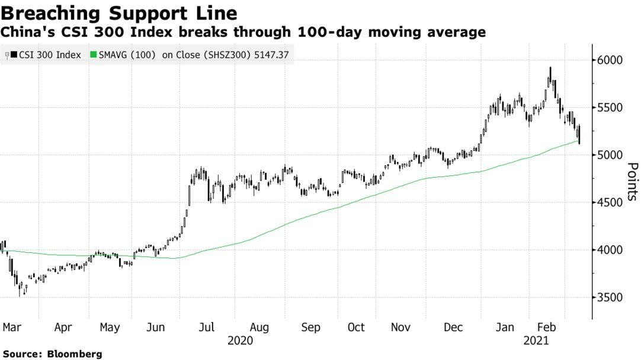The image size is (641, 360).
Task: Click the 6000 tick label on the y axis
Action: coord(610,60)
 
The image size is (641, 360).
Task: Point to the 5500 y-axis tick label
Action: coord(610,108)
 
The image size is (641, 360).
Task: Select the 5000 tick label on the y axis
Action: coord(610,155)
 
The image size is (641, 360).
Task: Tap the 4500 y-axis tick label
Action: coord(610,202)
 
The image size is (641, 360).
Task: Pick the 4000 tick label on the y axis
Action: coord(610,250)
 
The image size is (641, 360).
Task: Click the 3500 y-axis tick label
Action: coord(610,297)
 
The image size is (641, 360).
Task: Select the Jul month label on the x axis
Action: coord(207,327)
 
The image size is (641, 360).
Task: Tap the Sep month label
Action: coord(311,327)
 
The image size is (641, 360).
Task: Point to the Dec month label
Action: coord(453,327)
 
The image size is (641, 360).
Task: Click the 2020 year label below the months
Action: coord(241,340)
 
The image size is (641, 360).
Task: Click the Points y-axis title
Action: coord(632,182)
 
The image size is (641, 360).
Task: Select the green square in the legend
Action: coord(92,55)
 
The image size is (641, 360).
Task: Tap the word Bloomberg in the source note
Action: coord(75,353)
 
